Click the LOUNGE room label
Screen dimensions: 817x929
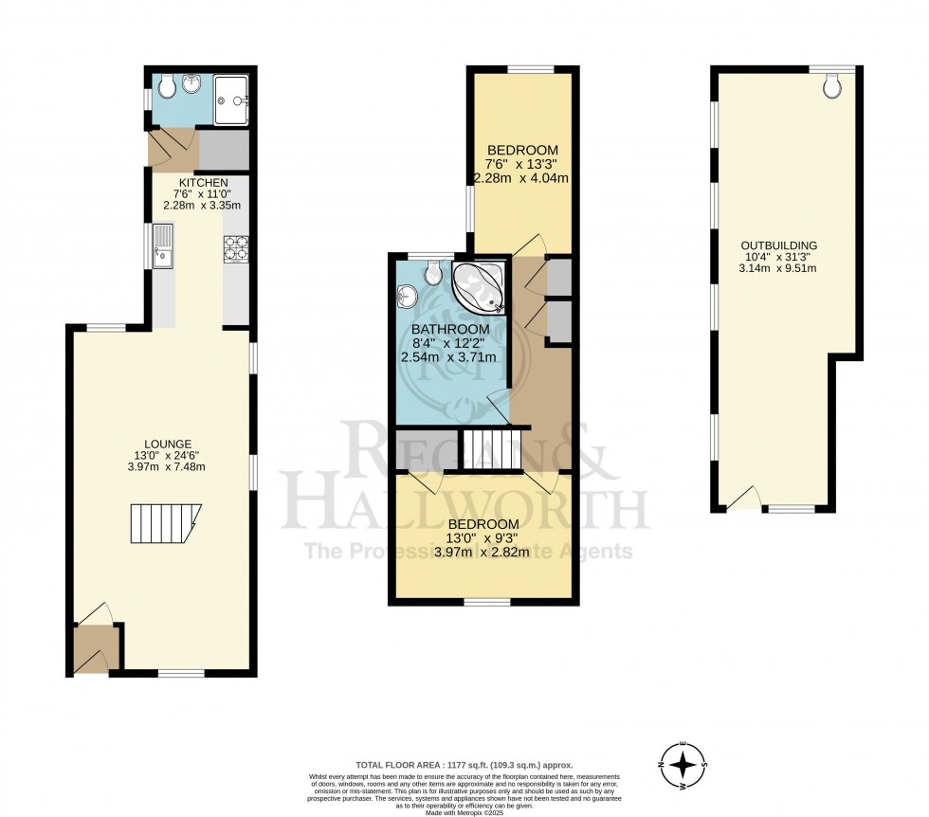pos(169,444)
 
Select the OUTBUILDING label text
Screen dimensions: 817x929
pos(778,245)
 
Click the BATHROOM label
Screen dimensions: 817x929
pos(450,329)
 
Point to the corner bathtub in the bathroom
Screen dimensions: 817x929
pos(479,288)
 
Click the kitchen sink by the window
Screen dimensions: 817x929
pos(163,245)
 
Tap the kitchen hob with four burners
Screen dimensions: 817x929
pos(235,248)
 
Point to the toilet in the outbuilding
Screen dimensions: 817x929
pos(833,88)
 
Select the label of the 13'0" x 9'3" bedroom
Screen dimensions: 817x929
pos(483,524)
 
